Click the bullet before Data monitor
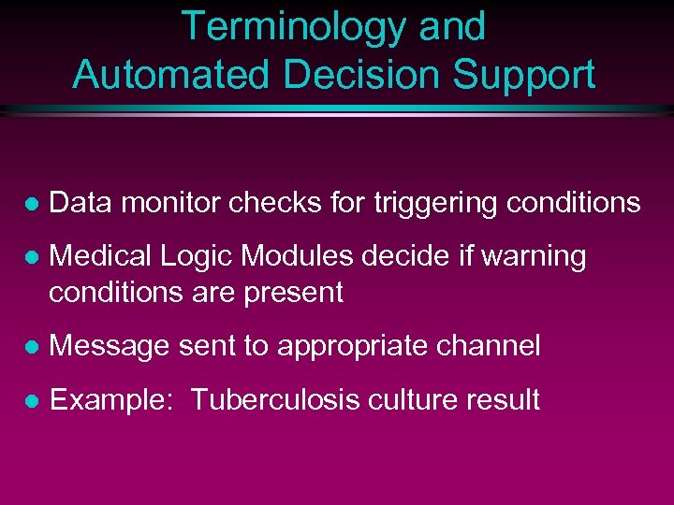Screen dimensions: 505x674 point(30,203)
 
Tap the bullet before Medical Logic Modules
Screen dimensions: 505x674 point(30,257)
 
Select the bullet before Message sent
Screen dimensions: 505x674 point(30,347)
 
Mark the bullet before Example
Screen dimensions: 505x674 point(30,401)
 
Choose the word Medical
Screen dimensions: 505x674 point(102,256)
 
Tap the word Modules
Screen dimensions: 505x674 point(290,256)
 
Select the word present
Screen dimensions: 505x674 point(293,293)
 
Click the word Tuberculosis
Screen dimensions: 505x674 point(266,400)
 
